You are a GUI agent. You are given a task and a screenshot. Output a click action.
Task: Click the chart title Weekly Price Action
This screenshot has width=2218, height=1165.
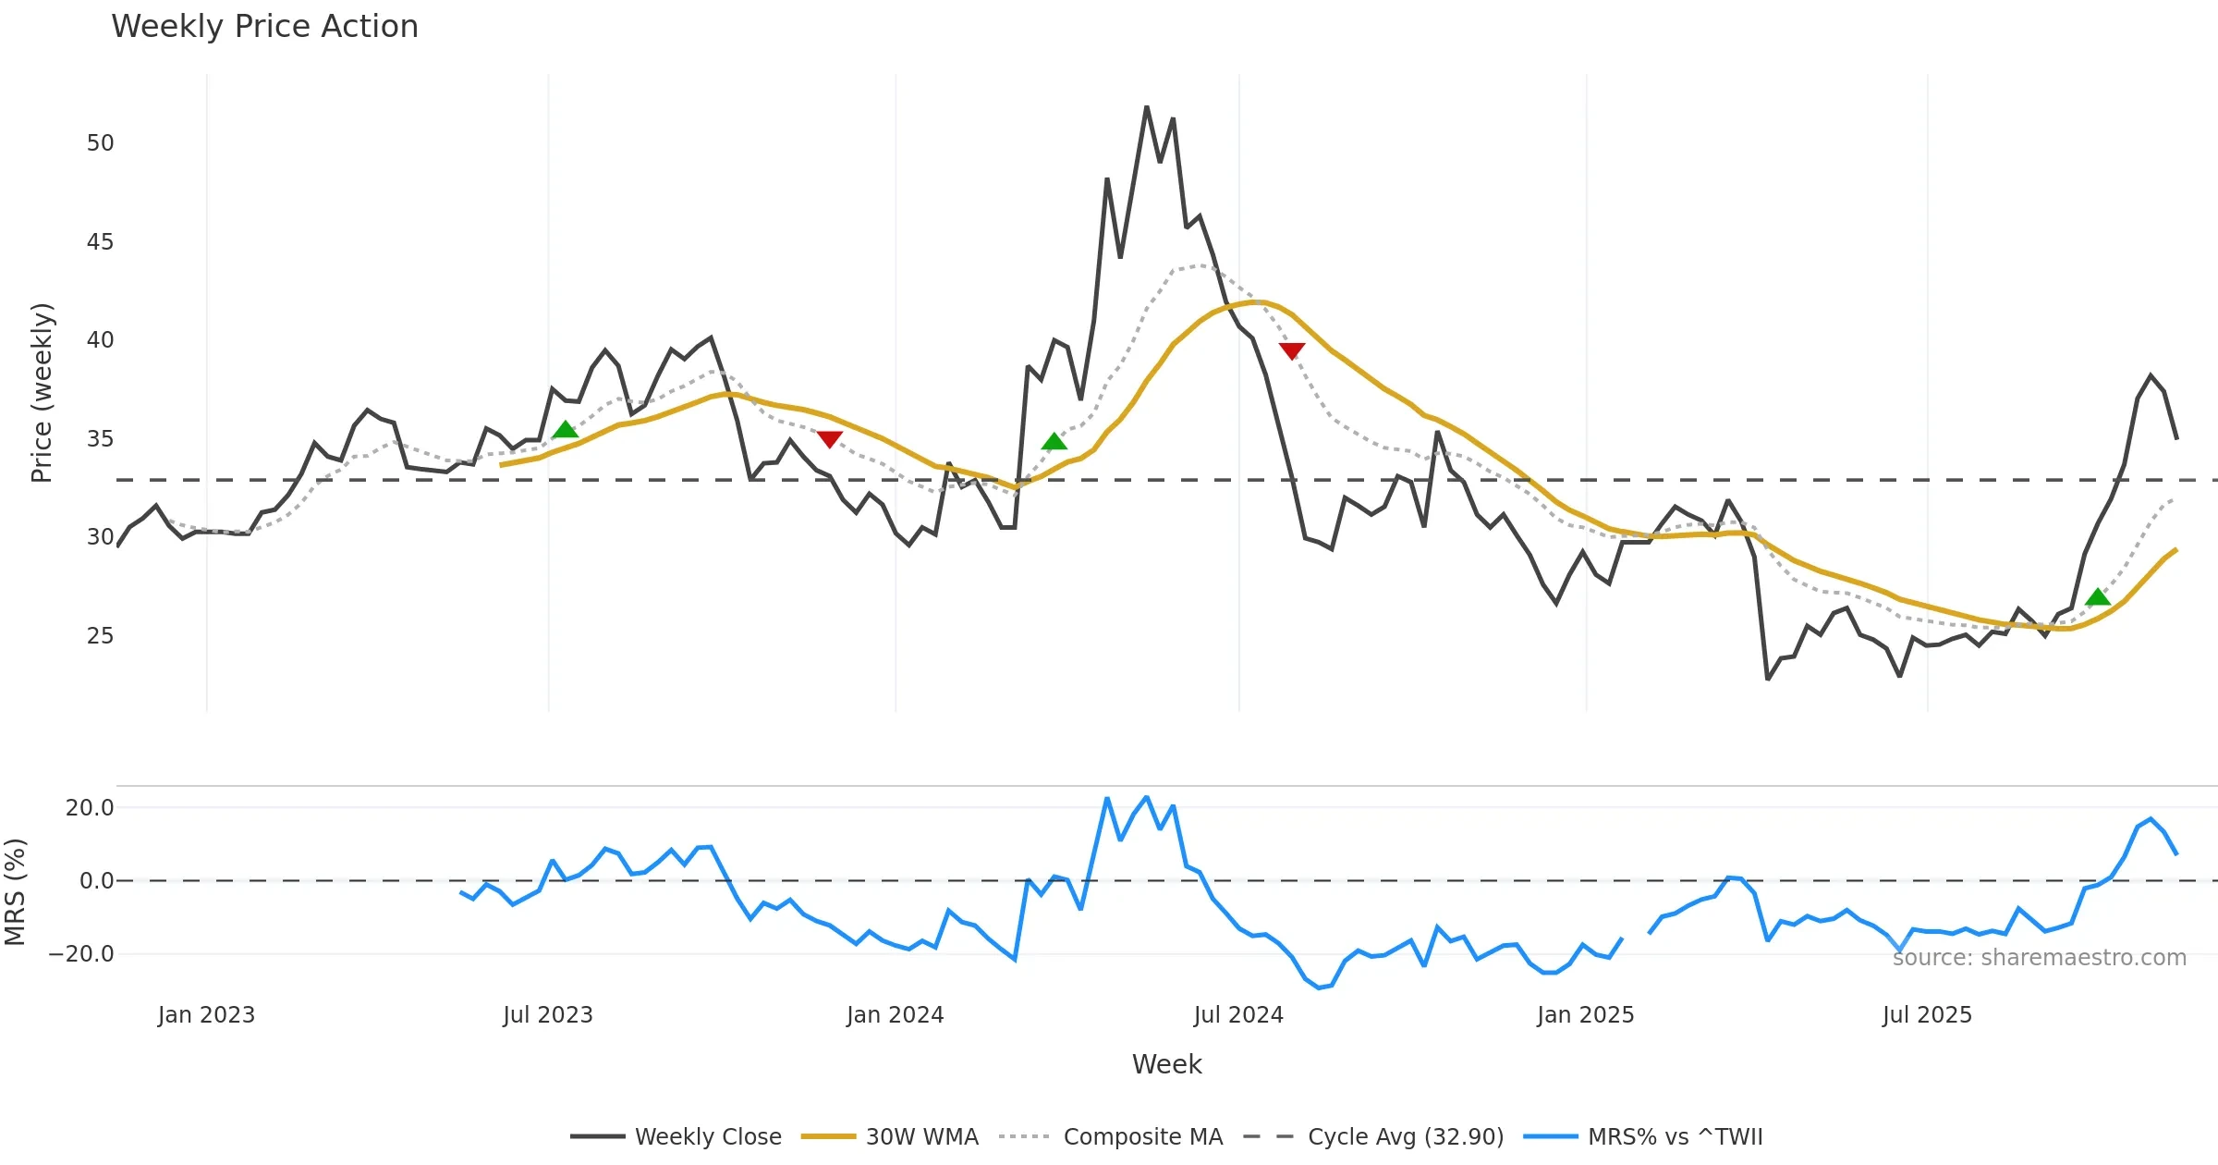pyautogui.click(x=264, y=27)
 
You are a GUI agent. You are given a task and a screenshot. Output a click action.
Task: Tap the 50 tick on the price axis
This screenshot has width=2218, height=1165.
pyautogui.click(x=100, y=143)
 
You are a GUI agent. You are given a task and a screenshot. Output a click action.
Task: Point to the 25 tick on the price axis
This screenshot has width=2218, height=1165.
pyautogui.click(x=100, y=636)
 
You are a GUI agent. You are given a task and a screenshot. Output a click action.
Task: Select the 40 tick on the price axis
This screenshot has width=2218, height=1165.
pyautogui.click(x=100, y=340)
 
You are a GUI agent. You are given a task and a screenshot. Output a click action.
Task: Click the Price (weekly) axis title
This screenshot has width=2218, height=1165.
pyautogui.click(x=42, y=393)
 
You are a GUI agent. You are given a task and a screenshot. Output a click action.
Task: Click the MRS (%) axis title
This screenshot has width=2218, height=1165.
pyautogui.click(x=16, y=892)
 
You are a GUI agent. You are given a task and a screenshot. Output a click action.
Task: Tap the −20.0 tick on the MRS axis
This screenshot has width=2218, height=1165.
pyautogui.click(x=82, y=954)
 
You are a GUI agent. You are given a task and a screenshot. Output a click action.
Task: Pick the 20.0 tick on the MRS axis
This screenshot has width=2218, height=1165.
pyautogui.click(x=90, y=808)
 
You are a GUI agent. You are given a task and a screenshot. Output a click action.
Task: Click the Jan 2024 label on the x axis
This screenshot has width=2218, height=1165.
pyautogui.click(x=895, y=1015)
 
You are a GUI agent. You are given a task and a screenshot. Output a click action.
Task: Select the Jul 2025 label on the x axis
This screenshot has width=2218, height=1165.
pyautogui.click(x=1927, y=1015)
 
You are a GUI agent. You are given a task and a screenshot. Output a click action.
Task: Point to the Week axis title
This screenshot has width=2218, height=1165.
pyautogui.click(x=1166, y=1065)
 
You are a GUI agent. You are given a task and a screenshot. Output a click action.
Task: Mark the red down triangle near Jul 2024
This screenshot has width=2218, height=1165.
pyautogui.click(x=1292, y=350)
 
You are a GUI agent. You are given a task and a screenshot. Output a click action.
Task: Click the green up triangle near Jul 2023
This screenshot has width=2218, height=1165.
pyautogui.click(x=565, y=430)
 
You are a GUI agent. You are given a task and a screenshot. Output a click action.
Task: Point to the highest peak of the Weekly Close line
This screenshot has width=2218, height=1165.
pyautogui.click(x=1147, y=107)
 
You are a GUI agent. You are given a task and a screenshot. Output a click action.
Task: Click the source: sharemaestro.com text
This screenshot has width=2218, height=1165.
pyautogui.click(x=2039, y=958)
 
